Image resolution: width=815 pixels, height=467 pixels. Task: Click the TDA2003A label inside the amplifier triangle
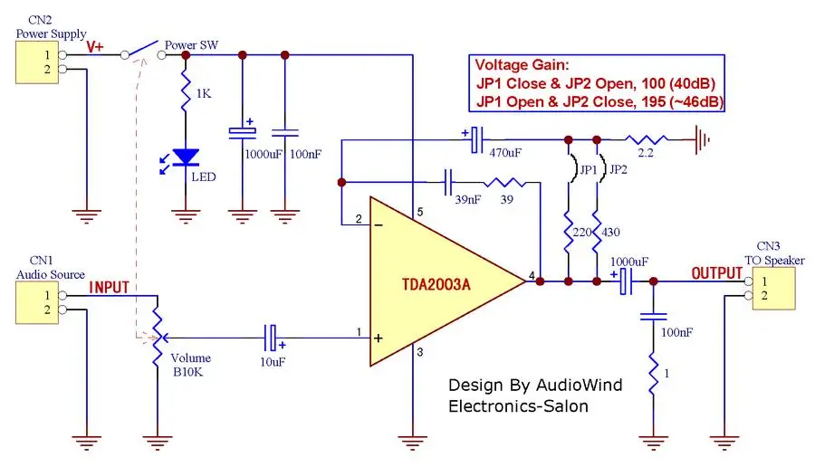pos(436,285)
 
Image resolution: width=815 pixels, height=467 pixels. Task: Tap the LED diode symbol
pos(186,157)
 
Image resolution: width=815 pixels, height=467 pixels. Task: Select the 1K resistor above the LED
pos(186,92)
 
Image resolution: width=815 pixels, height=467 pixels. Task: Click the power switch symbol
pos(143,50)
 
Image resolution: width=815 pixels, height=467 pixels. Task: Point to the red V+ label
pos(95,47)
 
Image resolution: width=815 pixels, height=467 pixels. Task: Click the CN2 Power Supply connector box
pos(37,62)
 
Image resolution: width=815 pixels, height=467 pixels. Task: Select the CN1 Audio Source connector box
pos(37,303)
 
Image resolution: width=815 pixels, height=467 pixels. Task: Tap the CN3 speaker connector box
pos(773,289)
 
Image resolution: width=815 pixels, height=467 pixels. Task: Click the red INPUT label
pos(110,287)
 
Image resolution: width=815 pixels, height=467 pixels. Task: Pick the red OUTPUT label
pos(717,273)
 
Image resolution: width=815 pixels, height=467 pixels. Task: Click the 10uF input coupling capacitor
pos(271,338)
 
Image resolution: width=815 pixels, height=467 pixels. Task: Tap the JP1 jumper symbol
pos(574,168)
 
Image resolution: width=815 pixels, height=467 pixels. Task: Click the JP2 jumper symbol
pos(602,168)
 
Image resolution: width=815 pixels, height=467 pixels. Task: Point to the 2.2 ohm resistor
pos(647,139)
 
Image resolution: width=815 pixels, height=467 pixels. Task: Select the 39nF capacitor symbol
pos(448,182)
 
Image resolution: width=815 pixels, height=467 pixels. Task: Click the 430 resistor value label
pos(610,233)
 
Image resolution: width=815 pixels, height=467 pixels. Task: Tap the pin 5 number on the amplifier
pos(420,212)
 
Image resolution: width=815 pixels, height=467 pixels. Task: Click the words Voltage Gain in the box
pos(523,65)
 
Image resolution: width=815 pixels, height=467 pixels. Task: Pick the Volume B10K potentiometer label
pos(190,365)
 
